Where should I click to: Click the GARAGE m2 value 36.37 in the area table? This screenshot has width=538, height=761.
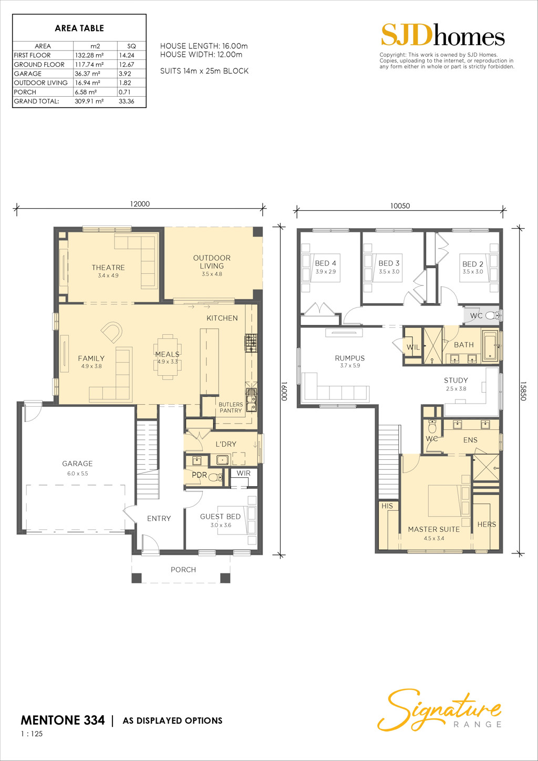[x=87, y=74]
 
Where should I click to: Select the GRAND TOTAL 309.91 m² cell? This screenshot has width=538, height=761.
[x=89, y=101]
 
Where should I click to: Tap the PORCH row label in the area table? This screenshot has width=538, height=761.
[x=25, y=92]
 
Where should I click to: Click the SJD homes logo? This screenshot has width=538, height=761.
[x=442, y=35]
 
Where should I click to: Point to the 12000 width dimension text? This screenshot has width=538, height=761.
[x=140, y=204]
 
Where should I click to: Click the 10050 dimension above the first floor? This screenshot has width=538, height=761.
[x=400, y=205]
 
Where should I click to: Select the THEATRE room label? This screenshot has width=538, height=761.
[x=108, y=268]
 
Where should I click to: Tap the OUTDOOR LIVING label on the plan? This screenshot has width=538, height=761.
[x=212, y=262]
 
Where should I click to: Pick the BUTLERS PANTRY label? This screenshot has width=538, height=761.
[x=231, y=407]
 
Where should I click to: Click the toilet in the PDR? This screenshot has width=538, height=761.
[x=215, y=477]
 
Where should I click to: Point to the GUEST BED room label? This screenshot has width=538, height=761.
[x=221, y=517]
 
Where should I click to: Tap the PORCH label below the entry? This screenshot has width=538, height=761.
[x=183, y=570]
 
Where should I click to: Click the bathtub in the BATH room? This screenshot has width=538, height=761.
[x=490, y=345]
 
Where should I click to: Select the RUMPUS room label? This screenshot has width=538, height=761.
[x=350, y=358]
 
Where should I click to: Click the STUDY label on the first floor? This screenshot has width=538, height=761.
[x=456, y=380]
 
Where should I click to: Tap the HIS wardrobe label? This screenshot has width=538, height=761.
[x=387, y=506]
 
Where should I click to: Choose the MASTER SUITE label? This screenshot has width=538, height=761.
[x=434, y=529]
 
